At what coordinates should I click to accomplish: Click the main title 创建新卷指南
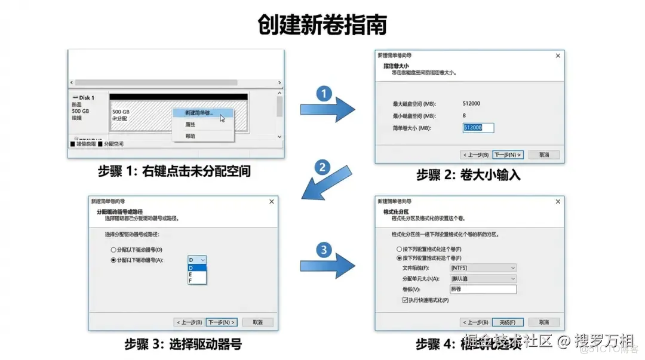[322, 26]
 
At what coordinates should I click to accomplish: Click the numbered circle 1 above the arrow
[323, 94]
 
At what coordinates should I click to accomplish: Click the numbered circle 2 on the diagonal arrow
[322, 167]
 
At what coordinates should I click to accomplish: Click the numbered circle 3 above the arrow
[323, 250]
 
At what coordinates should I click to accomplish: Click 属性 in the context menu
[190, 125]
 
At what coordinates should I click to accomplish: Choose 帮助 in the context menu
[190, 136]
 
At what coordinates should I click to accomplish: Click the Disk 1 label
[84, 97]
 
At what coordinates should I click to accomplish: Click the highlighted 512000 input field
[478, 128]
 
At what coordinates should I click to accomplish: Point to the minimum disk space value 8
[464, 116]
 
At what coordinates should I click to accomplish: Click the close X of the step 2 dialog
[558, 56]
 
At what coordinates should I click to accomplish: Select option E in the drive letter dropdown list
[191, 273]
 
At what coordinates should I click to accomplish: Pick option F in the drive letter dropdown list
[191, 280]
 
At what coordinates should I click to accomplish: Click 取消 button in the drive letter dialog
[257, 322]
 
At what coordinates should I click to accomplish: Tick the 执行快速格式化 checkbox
[406, 300]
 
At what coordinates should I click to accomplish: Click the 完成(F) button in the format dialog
[508, 322]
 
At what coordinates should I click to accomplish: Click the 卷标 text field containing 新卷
[483, 289]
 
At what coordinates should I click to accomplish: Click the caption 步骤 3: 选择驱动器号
[183, 344]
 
